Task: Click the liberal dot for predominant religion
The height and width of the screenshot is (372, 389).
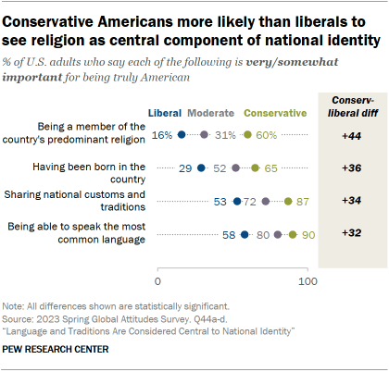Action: click(x=182, y=136)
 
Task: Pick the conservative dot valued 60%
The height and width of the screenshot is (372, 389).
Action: click(x=247, y=136)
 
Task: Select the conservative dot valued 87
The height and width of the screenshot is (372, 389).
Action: click(x=288, y=201)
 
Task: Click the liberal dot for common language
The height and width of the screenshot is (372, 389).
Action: click(x=245, y=235)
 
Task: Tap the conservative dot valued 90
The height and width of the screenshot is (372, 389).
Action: click(x=293, y=235)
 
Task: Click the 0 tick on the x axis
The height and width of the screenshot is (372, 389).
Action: click(x=157, y=279)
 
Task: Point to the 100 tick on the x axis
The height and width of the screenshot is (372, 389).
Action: click(x=307, y=279)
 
